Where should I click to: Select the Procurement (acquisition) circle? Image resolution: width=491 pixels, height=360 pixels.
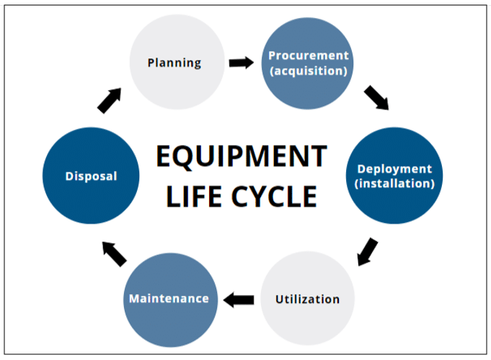(x=308, y=63)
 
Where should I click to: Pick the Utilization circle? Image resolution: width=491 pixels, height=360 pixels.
(x=307, y=298)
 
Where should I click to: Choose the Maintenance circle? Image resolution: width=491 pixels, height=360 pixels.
(x=170, y=298)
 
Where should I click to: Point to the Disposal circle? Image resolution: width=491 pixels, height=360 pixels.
(x=91, y=175)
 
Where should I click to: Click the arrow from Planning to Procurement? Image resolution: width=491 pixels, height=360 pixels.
(x=242, y=63)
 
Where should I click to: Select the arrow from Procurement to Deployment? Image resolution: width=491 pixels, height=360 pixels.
(x=376, y=98)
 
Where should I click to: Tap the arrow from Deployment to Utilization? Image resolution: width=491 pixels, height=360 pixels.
(x=368, y=250)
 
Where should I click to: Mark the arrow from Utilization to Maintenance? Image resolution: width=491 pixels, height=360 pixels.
(x=238, y=298)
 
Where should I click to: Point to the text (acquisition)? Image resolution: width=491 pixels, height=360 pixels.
(x=308, y=71)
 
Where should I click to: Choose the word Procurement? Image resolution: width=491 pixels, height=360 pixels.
(x=308, y=56)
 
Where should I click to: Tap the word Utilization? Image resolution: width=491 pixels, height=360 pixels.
(x=307, y=298)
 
